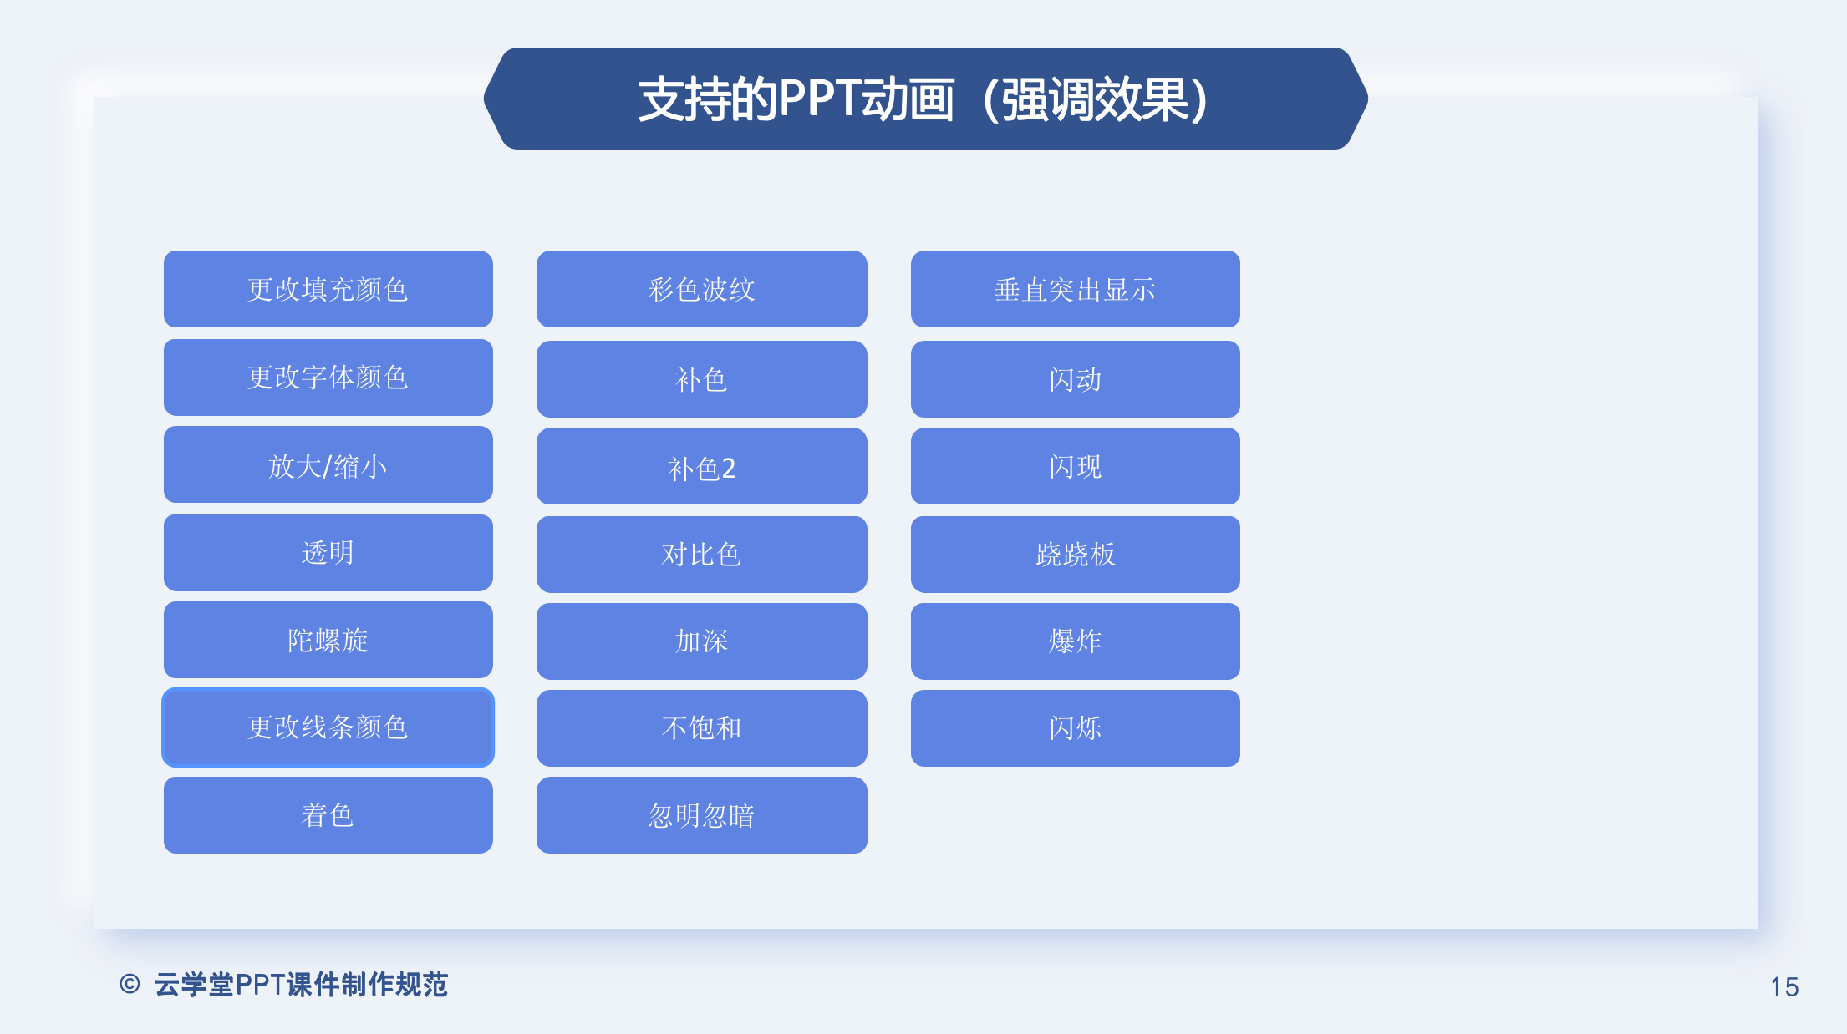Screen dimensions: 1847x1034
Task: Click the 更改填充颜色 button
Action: click(328, 289)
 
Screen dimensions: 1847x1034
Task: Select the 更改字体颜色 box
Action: click(328, 378)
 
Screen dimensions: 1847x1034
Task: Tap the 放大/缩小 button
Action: click(328, 464)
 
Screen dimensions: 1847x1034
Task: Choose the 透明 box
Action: click(328, 553)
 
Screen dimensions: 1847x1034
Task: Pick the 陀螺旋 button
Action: click(328, 640)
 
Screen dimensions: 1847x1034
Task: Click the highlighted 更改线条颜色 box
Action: click(328, 727)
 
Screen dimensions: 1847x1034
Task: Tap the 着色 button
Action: click(328, 815)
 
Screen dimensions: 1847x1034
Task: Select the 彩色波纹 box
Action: click(702, 289)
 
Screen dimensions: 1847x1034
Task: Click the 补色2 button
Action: click(702, 466)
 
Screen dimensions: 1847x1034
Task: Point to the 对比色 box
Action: click(702, 555)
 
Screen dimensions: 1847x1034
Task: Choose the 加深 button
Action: click(702, 641)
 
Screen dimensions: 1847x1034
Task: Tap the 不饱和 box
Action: click(702, 728)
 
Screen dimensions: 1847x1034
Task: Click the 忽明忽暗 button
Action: click(702, 815)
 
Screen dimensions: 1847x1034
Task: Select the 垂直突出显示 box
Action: click(1076, 289)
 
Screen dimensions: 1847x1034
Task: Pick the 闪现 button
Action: click(1076, 466)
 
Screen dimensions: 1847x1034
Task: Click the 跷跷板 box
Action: click(1076, 555)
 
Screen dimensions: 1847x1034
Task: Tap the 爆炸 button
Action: click(1076, 641)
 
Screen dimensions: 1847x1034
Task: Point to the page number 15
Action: click(1784, 987)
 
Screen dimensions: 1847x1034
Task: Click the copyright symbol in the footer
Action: click(130, 984)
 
